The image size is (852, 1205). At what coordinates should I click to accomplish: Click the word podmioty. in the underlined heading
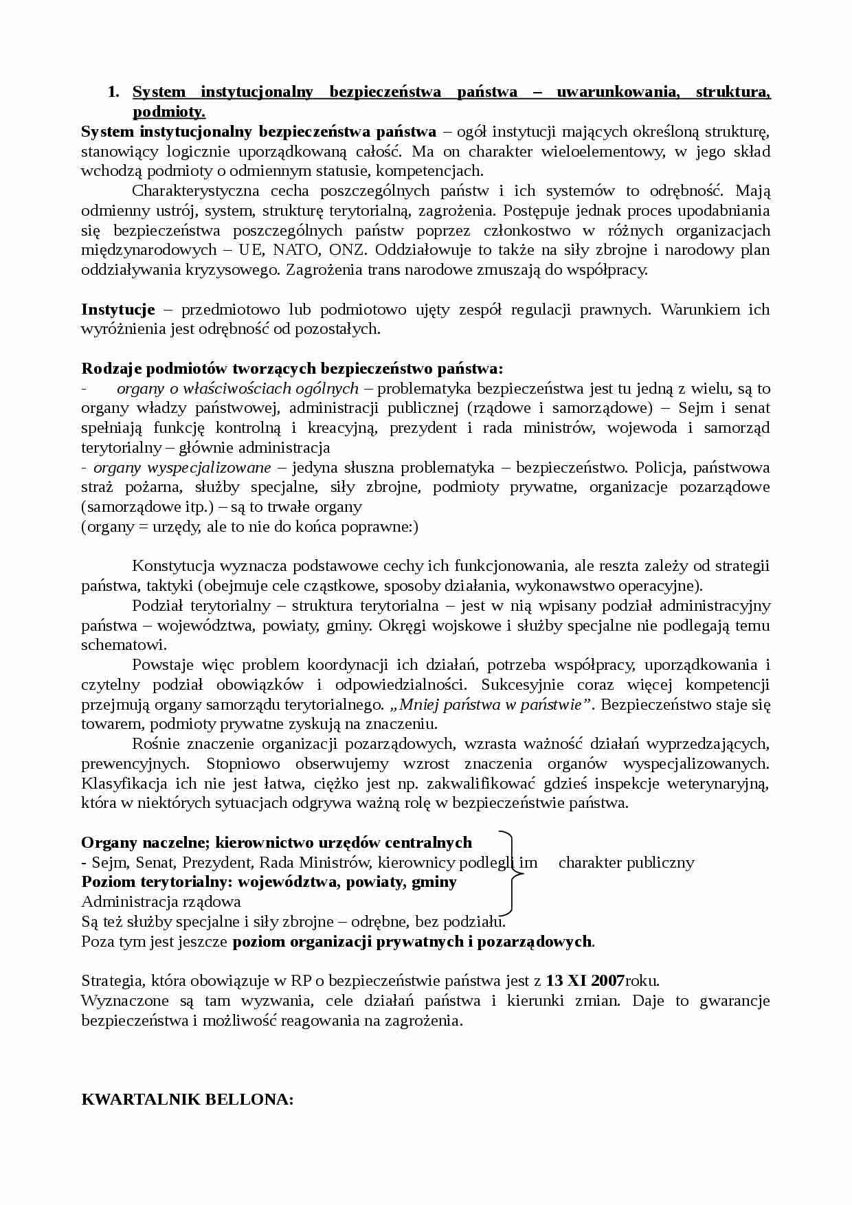(x=169, y=112)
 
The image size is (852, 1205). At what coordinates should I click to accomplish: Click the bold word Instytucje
(x=117, y=309)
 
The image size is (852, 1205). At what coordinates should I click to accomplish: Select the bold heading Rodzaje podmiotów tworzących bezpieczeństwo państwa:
(x=292, y=369)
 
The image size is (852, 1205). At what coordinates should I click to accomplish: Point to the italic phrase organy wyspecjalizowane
(x=182, y=468)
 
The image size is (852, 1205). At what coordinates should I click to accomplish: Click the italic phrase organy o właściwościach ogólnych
(x=238, y=389)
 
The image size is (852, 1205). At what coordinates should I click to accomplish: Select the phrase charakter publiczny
(x=626, y=863)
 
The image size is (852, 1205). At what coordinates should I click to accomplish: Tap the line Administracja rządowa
(x=161, y=902)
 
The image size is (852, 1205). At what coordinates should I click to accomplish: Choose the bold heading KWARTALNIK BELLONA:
(x=187, y=1099)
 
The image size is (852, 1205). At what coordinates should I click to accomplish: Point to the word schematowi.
(x=124, y=645)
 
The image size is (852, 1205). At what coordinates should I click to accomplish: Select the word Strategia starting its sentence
(x=111, y=981)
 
